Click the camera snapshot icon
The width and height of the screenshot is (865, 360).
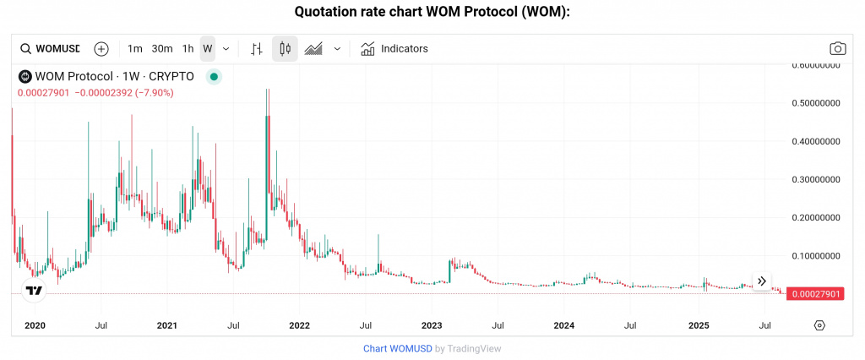click(837, 49)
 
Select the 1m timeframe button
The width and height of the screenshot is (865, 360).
click(135, 49)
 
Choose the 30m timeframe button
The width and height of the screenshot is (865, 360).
click(162, 49)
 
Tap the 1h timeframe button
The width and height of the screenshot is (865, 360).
click(188, 49)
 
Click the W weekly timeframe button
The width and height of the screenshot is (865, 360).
click(207, 49)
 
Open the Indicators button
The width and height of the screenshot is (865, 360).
click(394, 49)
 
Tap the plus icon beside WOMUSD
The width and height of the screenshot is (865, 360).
click(101, 49)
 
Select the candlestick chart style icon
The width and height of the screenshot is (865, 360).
click(285, 49)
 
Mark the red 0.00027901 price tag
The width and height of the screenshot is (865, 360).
click(814, 293)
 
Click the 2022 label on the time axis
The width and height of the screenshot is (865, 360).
click(299, 325)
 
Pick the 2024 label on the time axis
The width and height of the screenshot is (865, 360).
click(564, 325)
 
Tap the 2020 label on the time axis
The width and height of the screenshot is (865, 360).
click(35, 325)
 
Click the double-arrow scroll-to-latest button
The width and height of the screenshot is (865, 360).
click(761, 281)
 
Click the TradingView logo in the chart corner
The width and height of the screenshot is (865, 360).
click(34, 291)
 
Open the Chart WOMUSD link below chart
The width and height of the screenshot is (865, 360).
click(397, 348)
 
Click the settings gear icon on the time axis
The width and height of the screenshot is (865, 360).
click(819, 325)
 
